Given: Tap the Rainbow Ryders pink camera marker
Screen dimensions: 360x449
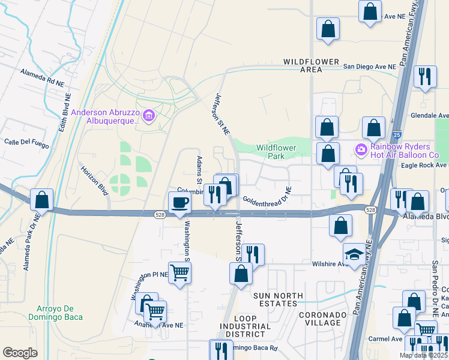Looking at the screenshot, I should [x=361, y=148].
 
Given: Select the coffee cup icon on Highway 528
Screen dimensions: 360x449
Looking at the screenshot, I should [x=179, y=202].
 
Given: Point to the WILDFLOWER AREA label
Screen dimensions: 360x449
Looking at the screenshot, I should [x=312, y=65].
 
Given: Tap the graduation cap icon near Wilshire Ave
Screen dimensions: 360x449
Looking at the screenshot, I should [x=354, y=254].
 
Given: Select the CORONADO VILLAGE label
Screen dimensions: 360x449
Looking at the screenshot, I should [x=323, y=319].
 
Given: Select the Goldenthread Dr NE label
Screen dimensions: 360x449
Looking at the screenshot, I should [x=267, y=198].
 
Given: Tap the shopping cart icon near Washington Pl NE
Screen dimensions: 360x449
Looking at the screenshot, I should [x=179, y=272].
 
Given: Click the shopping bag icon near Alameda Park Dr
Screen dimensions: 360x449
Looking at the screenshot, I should [x=41, y=199].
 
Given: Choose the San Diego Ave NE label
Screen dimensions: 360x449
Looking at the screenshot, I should [x=369, y=67].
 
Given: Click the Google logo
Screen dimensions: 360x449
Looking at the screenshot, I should [x=20, y=353].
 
